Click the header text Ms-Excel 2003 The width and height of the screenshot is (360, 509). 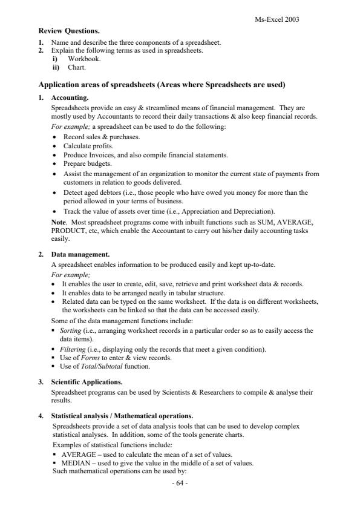278,19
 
